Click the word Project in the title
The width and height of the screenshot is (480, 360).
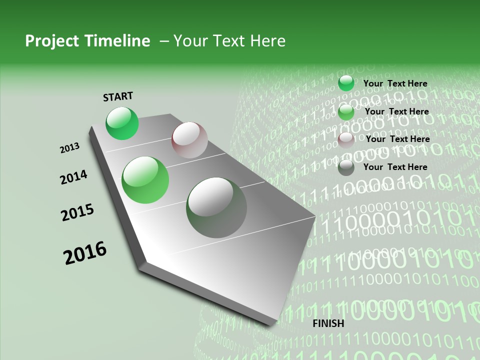click(49, 41)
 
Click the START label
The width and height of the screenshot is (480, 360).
click(118, 96)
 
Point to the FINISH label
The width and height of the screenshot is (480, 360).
click(328, 323)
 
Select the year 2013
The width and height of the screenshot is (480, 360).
click(70, 148)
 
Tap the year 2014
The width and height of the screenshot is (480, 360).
click(73, 177)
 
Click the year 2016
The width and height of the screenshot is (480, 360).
click(85, 253)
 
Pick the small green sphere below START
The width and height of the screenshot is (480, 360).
click(122, 123)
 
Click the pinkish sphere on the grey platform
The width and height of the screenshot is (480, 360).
click(189, 139)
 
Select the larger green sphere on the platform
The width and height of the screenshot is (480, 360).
click(145, 180)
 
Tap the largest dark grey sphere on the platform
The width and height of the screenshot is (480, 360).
click(216, 207)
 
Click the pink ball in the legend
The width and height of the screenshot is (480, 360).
click(346, 140)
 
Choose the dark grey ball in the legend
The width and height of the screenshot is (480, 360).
click(346, 167)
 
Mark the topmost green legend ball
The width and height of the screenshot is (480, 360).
click(346, 83)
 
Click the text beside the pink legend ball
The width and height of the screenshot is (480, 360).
click(397, 139)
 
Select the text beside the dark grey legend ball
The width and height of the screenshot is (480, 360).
click(395, 167)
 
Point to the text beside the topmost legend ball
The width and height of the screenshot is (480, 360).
click(395, 83)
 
